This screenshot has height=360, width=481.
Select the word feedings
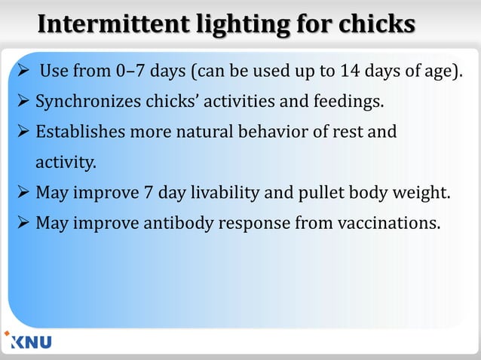tap(352, 100)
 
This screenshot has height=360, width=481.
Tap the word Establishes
tap(83, 133)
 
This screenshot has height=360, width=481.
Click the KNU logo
tap(28, 341)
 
